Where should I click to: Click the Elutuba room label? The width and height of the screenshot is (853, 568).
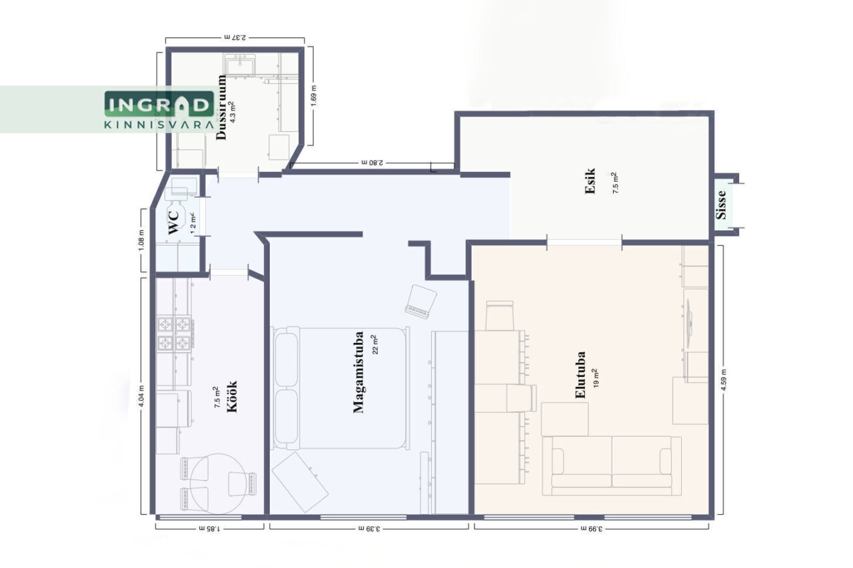pyautogui.click(x=580, y=374)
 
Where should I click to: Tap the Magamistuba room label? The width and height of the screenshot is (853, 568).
pyautogui.click(x=359, y=372)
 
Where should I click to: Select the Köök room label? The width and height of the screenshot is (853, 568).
pyautogui.click(x=232, y=396)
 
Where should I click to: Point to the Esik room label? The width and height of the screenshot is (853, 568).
pyautogui.click(x=590, y=181)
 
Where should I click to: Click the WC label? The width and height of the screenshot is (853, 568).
pyautogui.click(x=173, y=222)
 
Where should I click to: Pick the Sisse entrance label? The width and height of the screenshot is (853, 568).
pyautogui.click(x=721, y=205)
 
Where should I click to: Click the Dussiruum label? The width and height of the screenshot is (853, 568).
pyautogui.click(x=221, y=108)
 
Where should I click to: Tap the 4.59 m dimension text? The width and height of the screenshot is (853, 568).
pyautogui.click(x=724, y=380)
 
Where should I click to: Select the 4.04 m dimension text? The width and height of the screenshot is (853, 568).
pyautogui.click(x=141, y=396)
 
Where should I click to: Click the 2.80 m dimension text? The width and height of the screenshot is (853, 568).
pyautogui.click(x=372, y=162)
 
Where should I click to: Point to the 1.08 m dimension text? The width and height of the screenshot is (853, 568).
pyautogui.click(x=141, y=240)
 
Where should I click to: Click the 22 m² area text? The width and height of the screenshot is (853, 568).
pyautogui.click(x=375, y=344)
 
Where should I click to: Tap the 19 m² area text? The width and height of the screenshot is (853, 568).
pyautogui.click(x=596, y=378)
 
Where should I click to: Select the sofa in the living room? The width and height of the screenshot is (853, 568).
pyautogui.click(x=612, y=465)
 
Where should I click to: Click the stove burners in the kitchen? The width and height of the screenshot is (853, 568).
pyautogui.click(x=175, y=333)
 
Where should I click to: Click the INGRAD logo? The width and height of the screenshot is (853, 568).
pyautogui.click(x=159, y=104)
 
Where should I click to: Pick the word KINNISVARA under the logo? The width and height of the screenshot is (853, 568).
pyautogui.click(x=159, y=125)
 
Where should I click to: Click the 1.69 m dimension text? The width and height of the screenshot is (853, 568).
pyautogui.click(x=314, y=96)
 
